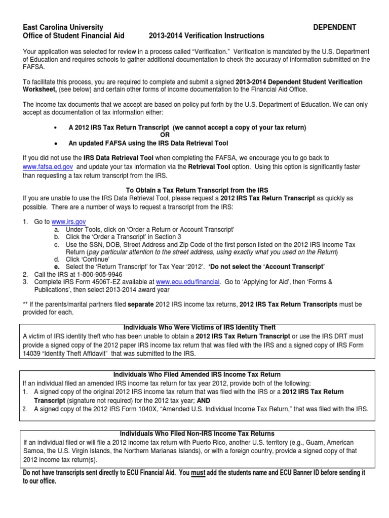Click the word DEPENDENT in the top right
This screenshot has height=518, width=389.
(x=335, y=27)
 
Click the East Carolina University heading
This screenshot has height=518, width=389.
(x=63, y=27)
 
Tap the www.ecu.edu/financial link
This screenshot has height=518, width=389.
(x=188, y=281)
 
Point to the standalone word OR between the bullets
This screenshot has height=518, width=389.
(x=165, y=135)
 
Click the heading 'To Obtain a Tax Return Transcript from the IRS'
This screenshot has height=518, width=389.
(x=194, y=189)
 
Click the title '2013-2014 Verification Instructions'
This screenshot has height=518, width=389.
(x=206, y=36)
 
